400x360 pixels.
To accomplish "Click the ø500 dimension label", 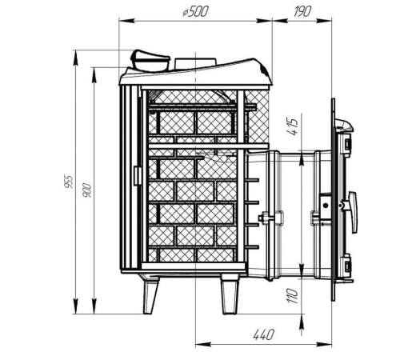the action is coord(195,12).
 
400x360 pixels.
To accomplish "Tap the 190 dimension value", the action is coord(302,11).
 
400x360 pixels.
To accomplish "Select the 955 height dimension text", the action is coord(69,182).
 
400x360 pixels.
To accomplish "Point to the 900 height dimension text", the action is coord(87,190).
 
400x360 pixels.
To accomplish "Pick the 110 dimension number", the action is coord(293,295).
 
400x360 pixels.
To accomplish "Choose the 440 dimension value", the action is coord(263,335).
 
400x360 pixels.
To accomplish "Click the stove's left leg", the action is coord(150,294).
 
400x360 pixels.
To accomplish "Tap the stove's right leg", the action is coord(230,294).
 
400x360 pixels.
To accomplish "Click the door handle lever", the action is coord(353,212).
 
